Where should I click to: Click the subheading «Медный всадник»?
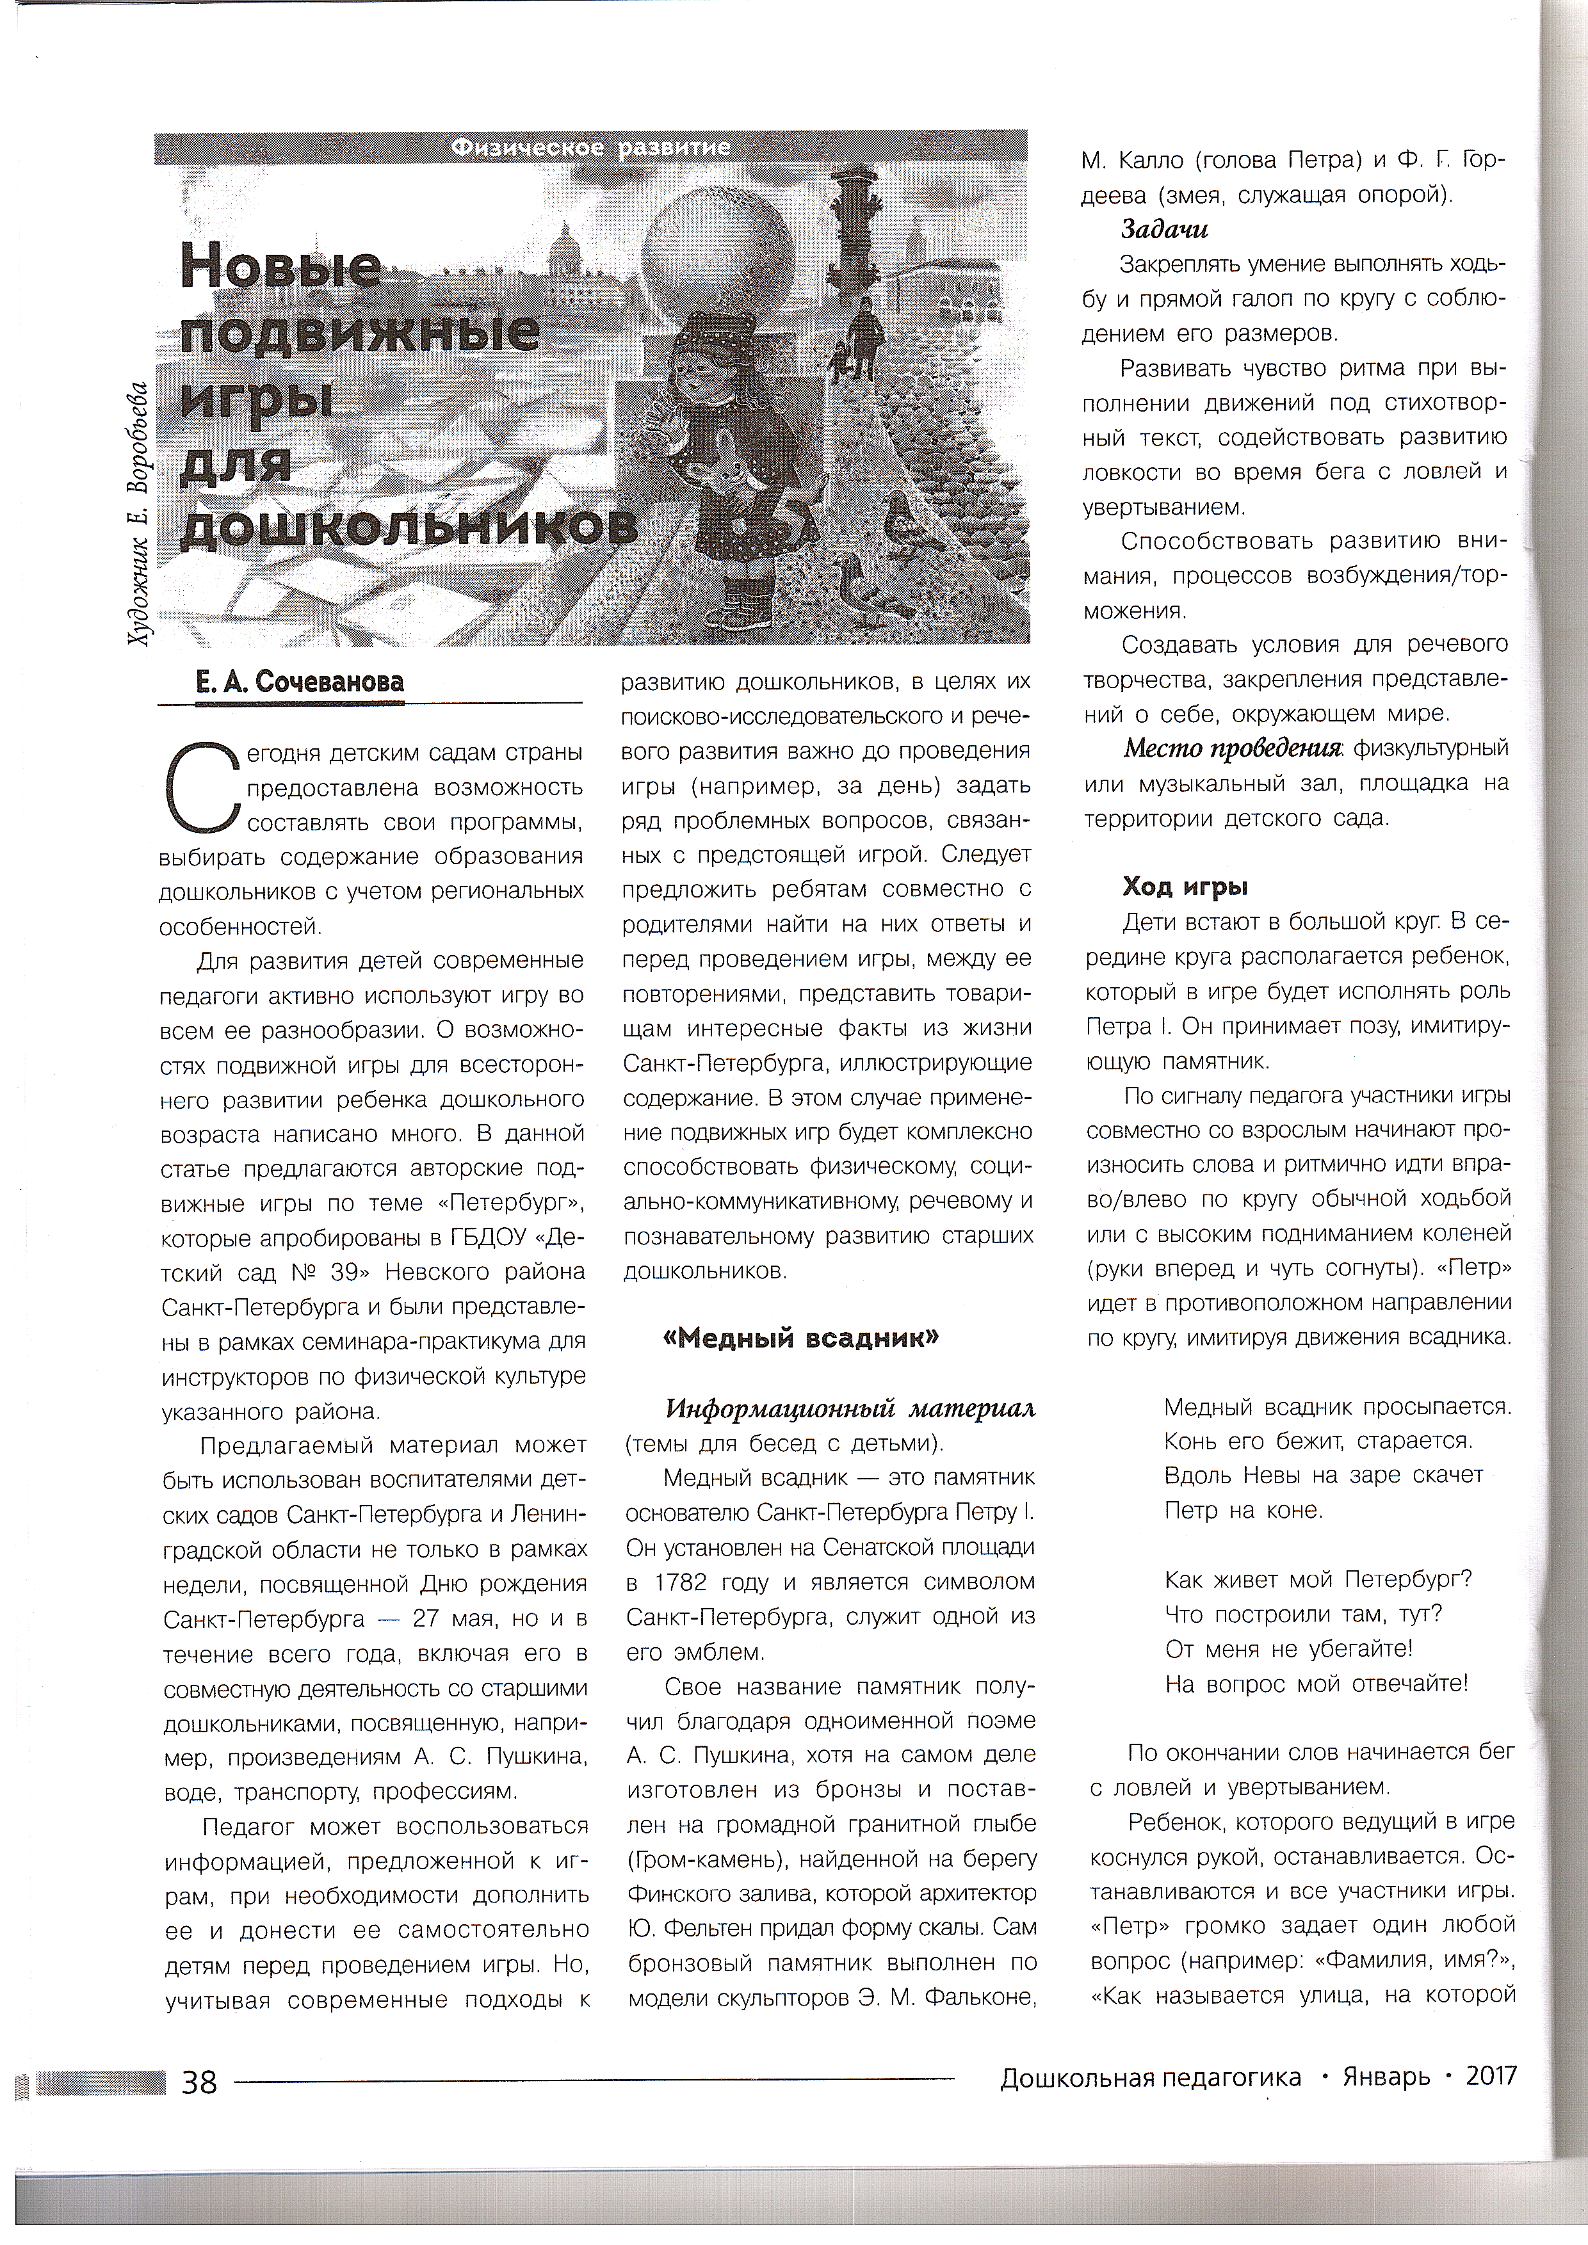click(x=801, y=1339)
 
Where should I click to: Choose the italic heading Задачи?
click(x=1163, y=230)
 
